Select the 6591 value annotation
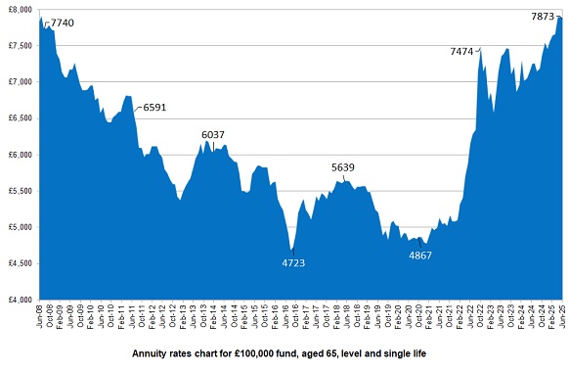coord(154,108)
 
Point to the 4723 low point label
coord(294,263)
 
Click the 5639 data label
coord(343,167)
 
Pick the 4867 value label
coord(426,256)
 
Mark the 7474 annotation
coord(463,50)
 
